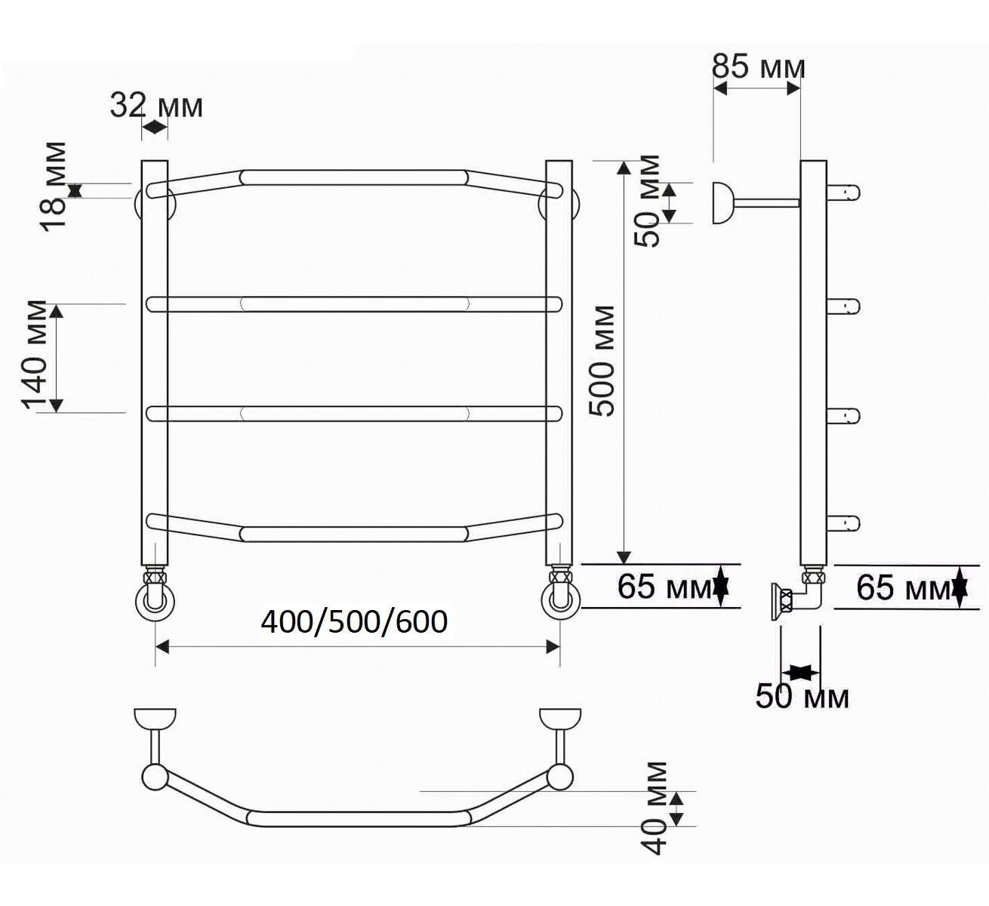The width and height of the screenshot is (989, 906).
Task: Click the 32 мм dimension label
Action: (x=156, y=105)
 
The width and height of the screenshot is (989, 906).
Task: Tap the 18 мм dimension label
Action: (x=54, y=186)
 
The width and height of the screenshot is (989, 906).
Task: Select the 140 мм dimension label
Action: (x=35, y=355)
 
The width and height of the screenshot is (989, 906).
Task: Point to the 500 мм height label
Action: (x=602, y=361)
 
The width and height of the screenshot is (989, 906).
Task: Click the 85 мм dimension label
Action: (x=758, y=67)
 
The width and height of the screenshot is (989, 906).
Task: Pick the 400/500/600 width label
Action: (x=354, y=622)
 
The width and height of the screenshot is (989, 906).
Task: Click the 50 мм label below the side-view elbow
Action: (x=802, y=696)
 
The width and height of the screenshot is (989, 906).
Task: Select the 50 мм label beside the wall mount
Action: (x=647, y=201)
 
